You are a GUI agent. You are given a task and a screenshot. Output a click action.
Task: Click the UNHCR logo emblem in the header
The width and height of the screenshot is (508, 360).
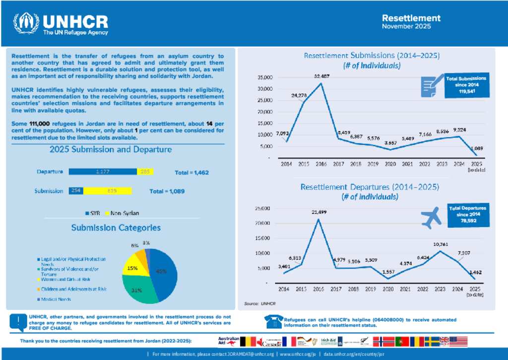point(26,24)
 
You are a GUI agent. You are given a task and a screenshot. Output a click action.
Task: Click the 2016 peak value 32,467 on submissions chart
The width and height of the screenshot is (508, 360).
point(321,76)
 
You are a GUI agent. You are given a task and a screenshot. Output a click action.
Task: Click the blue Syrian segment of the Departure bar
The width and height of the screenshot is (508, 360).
point(102,172)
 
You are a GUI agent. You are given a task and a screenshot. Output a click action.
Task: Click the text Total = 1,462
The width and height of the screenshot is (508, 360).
point(192,173)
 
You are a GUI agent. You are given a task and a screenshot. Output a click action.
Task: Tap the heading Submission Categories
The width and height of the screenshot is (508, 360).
point(116,227)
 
